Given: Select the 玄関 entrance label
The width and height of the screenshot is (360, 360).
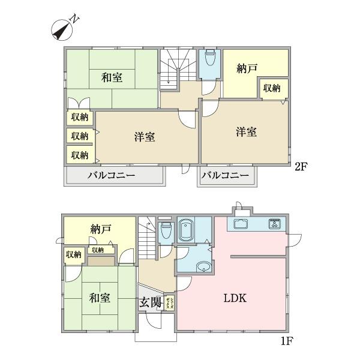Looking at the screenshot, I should pos(150,302).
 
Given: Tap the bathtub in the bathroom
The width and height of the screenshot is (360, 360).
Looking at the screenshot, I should pos(187,229).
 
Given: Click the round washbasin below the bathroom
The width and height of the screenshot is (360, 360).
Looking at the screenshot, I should pos(202,267).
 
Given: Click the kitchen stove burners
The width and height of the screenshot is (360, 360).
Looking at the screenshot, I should pos(276,224).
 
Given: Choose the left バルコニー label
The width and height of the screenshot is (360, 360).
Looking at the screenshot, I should pos(112,176).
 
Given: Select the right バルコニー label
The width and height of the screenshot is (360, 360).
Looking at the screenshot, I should pos(224,176).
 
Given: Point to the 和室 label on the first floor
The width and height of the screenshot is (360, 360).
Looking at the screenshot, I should pos(100,297).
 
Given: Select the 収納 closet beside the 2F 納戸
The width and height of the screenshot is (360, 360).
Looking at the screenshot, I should pos(271,88).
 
